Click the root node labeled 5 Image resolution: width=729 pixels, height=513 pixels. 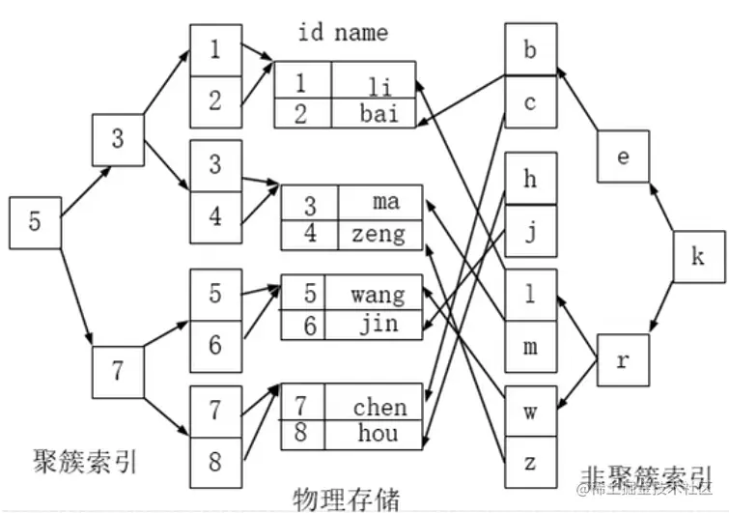(35, 221)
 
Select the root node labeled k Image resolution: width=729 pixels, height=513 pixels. (698, 257)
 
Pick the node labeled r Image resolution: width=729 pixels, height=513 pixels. (623, 359)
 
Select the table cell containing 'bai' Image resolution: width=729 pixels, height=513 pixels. (376, 114)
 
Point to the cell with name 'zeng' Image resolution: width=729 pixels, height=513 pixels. (379, 233)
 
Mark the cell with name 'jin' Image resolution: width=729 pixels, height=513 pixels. (378, 324)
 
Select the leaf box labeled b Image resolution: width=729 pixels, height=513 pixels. (530, 49)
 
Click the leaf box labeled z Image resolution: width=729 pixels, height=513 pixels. (530, 461)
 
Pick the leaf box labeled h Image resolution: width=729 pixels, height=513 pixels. (530, 178)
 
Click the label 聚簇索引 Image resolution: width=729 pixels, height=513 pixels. (84, 459)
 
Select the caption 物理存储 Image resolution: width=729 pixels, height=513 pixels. (346, 498)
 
